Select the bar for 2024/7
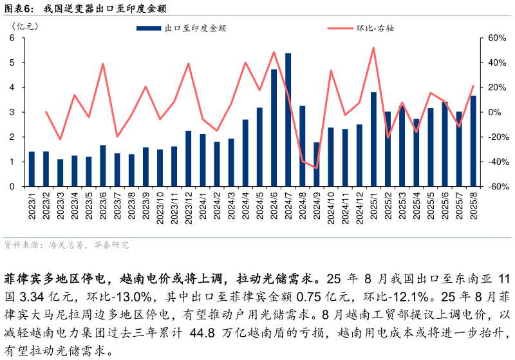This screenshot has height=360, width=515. click(x=288, y=120)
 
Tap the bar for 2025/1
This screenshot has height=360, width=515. click(x=373, y=139)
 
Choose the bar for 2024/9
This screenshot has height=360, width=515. click(x=317, y=164)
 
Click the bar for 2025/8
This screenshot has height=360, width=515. click(x=473, y=141)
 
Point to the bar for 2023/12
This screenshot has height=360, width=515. click(x=189, y=158)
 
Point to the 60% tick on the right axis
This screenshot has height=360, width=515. click(x=492, y=38)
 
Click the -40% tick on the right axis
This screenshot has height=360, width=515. click(x=493, y=162)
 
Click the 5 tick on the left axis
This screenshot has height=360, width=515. click(x=12, y=63)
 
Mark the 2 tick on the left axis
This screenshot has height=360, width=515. click(x=12, y=137)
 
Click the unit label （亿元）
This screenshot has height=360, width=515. click(x=25, y=26)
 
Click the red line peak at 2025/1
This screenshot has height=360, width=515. click(x=373, y=48)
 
